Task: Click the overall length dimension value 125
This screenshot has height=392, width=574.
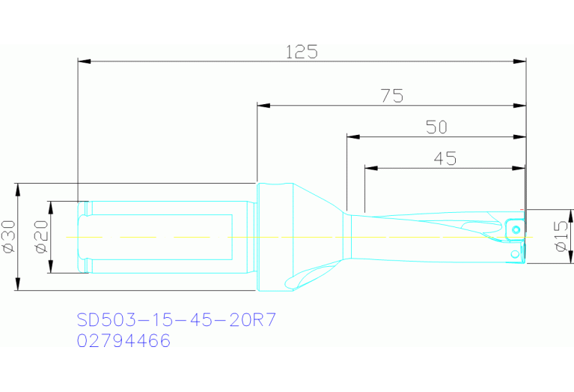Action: point(302,52)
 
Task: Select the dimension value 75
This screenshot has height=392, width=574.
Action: point(391,96)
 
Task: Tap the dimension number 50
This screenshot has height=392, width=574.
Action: point(436,127)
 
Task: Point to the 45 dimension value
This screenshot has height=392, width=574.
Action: point(445,158)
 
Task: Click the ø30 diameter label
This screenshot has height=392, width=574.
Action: point(8,236)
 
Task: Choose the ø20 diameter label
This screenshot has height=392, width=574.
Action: point(40,236)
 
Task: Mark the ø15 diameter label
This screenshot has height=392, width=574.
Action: point(561,236)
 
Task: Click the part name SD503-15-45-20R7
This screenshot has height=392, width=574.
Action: point(177,320)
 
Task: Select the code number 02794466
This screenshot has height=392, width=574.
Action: point(124,341)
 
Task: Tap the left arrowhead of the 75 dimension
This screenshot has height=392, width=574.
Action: point(263,106)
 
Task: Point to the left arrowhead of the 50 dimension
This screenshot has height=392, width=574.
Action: point(353,137)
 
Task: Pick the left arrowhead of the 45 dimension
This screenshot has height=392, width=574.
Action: point(370,168)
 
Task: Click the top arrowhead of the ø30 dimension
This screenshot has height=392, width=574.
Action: point(16,188)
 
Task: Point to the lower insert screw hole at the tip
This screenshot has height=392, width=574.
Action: point(514,255)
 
